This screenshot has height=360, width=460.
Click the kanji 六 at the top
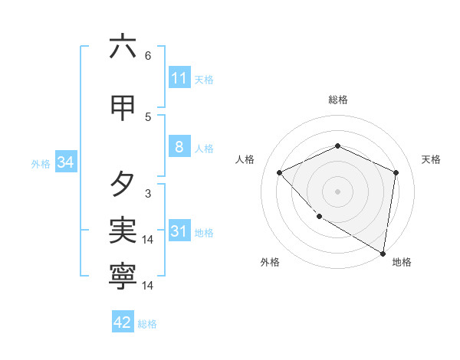point(123,47)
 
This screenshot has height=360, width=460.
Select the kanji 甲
point(123,109)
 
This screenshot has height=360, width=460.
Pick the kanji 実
point(123,231)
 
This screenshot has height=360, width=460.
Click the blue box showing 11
point(179,78)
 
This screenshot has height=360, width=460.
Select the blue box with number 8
point(179,147)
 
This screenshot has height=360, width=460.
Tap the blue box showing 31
point(179,231)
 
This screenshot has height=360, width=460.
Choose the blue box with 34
point(65,162)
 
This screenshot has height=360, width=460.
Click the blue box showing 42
point(123,322)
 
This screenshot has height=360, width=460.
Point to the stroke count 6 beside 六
point(148,56)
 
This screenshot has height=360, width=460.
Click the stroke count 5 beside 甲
point(148,117)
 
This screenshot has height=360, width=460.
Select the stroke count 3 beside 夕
point(148,194)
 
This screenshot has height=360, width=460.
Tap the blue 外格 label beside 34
point(41,163)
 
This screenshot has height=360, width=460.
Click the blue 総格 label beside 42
point(147,323)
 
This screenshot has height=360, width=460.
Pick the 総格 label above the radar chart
point(337,100)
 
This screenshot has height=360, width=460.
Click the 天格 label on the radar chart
point(431,159)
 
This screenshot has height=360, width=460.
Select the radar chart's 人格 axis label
point(245,159)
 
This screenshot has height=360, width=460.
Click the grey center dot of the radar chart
point(337,191)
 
